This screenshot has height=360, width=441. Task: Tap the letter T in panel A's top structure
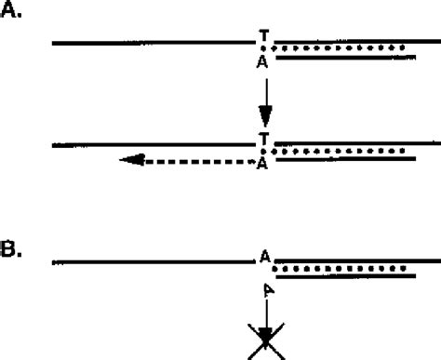click(264, 36)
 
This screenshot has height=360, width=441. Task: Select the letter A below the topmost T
click(264, 61)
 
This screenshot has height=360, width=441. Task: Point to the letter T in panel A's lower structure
click(264, 139)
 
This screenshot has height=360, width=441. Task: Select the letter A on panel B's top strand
click(265, 256)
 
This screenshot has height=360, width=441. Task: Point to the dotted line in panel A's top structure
click(341, 47)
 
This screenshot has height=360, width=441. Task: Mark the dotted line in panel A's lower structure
click(341, 151)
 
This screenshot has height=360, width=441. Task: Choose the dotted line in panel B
click(341, 268)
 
